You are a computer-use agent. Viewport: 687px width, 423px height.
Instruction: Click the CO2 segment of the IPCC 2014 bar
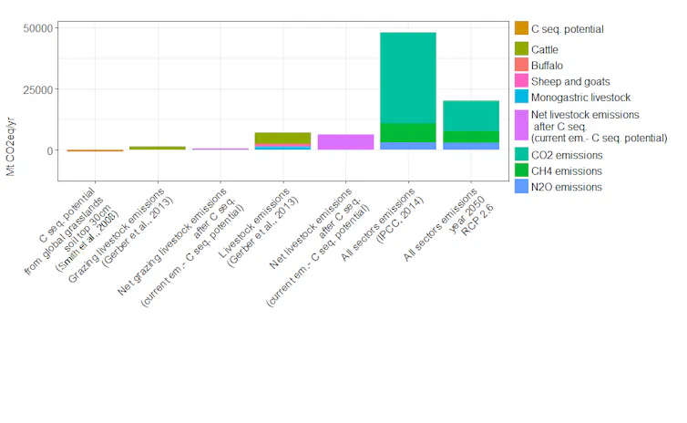point(407,77)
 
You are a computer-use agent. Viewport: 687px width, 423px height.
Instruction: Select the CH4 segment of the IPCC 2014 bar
point(407,132)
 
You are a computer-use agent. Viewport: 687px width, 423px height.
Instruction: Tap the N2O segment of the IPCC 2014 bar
point(407,146)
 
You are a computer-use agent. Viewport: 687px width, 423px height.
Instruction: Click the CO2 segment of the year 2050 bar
point(470,116)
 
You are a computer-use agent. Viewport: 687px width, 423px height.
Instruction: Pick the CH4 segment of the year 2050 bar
point(470,137)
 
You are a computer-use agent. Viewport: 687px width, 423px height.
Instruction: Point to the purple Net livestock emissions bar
point(345,142)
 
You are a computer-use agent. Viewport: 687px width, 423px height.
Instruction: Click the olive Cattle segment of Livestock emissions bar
point(282,138)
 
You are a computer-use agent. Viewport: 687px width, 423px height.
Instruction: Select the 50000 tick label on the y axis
point(38,29)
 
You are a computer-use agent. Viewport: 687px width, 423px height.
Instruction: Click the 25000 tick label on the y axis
point(38,89)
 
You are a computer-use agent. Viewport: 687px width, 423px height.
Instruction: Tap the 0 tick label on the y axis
point(50,150)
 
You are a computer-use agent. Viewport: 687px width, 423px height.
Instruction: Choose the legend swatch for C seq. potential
point(521,29)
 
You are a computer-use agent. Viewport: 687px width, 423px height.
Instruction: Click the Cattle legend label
point(545,49)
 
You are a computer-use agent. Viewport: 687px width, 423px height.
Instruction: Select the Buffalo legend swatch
point(521,65)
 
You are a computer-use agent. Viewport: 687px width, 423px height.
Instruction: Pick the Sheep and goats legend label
point(570,81)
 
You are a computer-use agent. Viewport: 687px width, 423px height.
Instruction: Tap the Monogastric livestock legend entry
point(580,97)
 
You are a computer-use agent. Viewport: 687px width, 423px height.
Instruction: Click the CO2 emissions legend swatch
point(521,155)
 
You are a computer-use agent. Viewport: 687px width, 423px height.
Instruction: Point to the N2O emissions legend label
point(566,187)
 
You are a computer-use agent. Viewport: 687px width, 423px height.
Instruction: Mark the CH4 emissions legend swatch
point(521,170)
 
